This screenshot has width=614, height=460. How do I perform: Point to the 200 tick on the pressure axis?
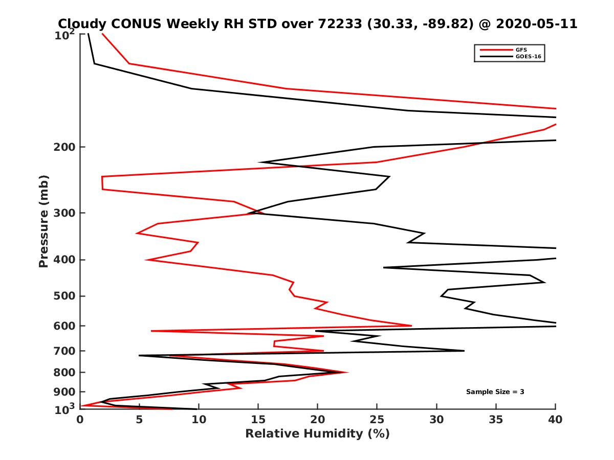click(x=64, y=147)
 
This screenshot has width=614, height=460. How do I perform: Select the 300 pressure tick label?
click(x=64, y=213)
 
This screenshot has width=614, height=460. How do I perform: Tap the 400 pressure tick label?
click(x=64, y=260)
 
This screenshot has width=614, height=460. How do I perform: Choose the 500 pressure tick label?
click(x=64, y=296)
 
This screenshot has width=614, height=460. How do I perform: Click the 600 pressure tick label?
click(x=64, y=326)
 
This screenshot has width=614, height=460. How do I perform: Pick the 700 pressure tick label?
click(x=64, y=351)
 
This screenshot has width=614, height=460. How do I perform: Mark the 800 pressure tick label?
click(x=64, y=372)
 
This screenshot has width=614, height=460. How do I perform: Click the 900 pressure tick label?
click(x=64, y=392)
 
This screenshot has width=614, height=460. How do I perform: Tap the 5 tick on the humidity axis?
click(x=139, y=420)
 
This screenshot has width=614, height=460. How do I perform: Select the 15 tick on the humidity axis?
click(x=258, y=420)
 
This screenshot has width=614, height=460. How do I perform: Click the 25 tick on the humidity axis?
click(x=377, y=420)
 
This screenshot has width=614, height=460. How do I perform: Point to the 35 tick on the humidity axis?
click(x=496, y=420)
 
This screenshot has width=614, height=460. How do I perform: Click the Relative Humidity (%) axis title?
click(x=317, y=434)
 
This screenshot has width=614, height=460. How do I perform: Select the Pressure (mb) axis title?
click(x=43, y=221)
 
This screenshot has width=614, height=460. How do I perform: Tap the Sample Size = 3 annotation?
click(x=495, y=392)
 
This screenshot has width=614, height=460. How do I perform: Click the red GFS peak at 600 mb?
click(x=411, y=326)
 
